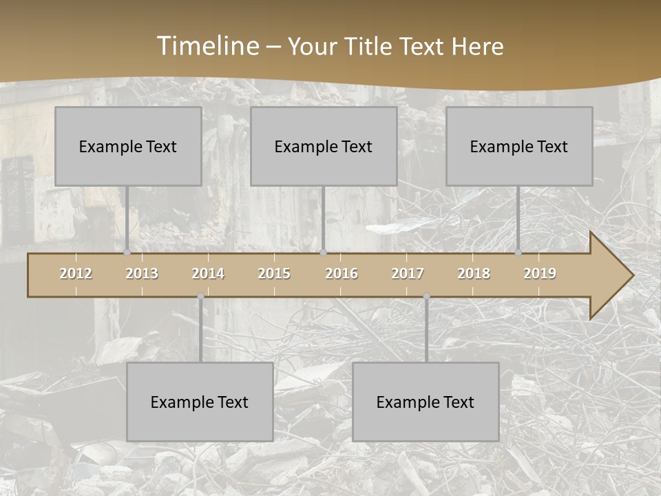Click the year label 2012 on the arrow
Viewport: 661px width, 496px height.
(76, 273)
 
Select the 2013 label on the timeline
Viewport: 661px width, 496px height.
(142, 273)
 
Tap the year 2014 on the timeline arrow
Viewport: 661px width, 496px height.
(208, 273)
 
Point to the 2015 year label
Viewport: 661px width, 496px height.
(274, 273)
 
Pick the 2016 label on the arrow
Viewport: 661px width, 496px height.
(342, 273)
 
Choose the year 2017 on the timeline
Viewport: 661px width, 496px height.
(408, 273)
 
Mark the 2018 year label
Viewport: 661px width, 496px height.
(474, 273)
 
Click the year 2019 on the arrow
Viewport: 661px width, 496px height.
(540, 273)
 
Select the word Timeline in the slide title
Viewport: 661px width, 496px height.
(207, 46)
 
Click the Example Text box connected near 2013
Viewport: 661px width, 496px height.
(128, 146)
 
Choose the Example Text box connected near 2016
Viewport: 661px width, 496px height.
(324, 146)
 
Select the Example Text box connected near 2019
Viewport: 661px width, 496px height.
(519, 146)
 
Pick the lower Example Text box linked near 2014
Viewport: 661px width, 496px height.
(200, 402)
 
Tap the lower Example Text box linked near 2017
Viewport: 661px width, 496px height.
(426, 402)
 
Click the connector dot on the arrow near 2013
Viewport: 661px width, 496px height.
(127, 253)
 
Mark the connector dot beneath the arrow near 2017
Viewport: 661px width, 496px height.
(426, 296)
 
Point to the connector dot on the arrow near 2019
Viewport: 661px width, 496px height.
(518, 253)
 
